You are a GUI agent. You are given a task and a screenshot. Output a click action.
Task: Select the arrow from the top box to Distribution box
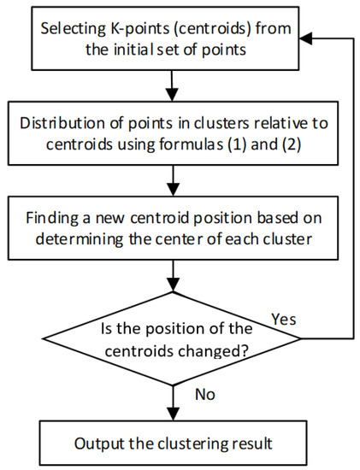click(x=174, y=84)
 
